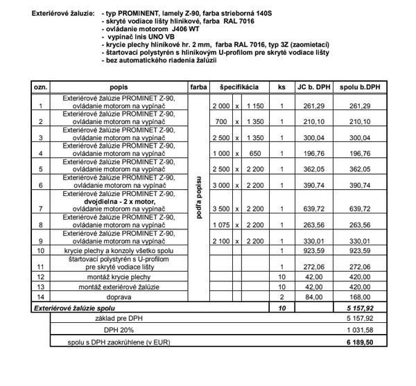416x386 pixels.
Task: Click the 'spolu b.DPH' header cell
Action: coord(359,88)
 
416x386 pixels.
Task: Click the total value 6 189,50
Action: coord(359,342)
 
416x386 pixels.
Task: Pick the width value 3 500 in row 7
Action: coord(220,209)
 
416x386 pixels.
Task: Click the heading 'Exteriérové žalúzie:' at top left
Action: coord(61,13)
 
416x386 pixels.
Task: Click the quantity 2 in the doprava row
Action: coord(281,295)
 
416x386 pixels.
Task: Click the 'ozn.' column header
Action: coord(41,88)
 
